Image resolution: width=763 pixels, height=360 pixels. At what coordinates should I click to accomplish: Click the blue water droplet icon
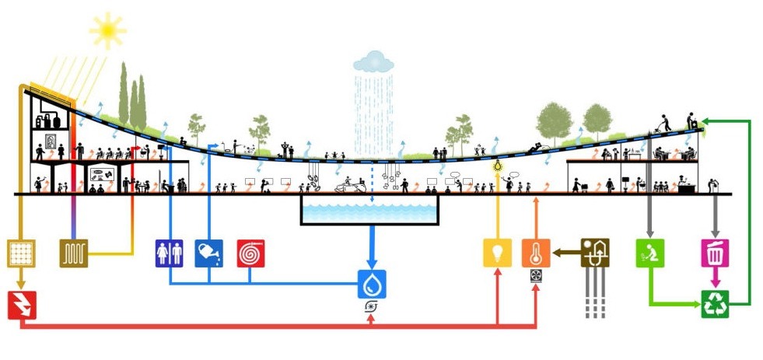371,284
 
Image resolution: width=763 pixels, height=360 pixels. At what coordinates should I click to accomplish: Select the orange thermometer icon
536,253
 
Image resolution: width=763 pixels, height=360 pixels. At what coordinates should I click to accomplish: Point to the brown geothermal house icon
597,252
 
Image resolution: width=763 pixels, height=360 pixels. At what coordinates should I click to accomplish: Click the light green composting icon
649,253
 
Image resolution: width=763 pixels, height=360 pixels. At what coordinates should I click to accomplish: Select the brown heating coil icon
74,253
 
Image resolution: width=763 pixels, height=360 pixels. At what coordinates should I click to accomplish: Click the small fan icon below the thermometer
536,275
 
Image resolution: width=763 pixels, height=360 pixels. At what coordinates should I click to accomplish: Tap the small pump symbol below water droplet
371,307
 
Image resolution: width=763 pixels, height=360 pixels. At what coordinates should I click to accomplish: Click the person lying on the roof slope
536,148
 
